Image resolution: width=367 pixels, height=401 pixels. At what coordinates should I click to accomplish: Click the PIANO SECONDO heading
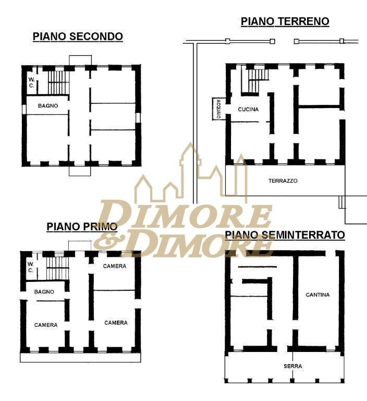coord(78,37)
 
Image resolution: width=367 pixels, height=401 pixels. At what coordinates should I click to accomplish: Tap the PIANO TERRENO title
coord(285,21)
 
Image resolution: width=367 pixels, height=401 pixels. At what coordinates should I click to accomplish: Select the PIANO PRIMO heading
coord(82,227)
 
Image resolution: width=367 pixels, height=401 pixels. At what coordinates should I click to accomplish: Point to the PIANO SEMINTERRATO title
coord(292,235)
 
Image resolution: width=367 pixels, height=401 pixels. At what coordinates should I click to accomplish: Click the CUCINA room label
coord(248,109)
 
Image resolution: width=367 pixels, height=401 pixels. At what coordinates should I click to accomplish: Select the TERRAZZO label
coord(283,181)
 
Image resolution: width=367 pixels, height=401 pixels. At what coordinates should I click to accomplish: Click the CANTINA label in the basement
coord(317,294)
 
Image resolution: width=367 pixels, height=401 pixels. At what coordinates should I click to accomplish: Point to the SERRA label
coord(292,366)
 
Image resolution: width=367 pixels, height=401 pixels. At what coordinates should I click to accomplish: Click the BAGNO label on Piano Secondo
coord(48,105)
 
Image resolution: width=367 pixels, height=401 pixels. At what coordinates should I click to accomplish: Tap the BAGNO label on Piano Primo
coord(44,291)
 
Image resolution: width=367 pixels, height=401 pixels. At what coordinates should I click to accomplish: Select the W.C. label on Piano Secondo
coord(31,82)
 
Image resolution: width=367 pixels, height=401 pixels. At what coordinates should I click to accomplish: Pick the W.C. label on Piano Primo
coord(31,267)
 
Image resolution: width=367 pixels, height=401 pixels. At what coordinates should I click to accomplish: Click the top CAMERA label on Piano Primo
coord(114,266)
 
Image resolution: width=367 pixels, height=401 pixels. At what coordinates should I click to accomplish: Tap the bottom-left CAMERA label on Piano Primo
coord(46,325)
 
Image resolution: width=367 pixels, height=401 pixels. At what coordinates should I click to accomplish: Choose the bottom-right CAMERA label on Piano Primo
coord(116,323)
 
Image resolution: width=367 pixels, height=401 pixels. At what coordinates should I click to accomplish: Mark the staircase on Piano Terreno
coord(255,81)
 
